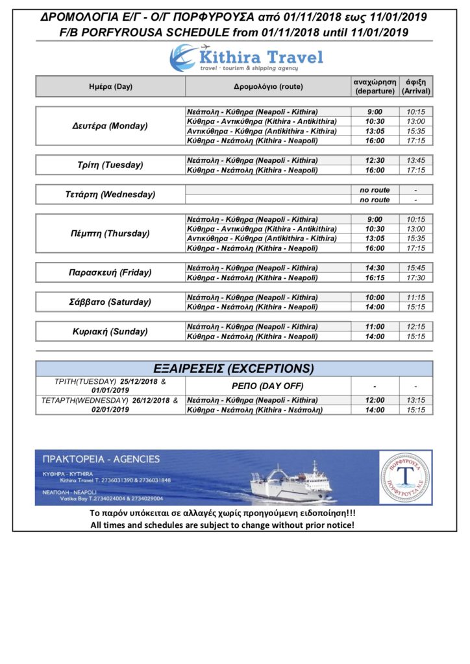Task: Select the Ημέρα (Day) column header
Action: click(x=110, y=87)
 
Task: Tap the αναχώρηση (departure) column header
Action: click(x=374, y=87)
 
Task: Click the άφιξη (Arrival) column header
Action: click(x=415, y=87)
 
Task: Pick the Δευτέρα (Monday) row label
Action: click(x=110, y=126)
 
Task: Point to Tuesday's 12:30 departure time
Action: click(x=374, y=160)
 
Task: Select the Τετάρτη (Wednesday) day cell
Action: click(x=110, y=195)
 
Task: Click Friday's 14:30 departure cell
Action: click(x=374, y=268)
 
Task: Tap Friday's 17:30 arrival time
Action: click(x=415, y=278)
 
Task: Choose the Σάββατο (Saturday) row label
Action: click(x=110, y=302)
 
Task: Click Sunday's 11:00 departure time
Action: click(x=374, y=327)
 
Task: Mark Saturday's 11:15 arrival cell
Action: click(x=415, y=297)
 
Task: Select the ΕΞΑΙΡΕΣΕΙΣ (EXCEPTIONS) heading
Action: click(x=234, y=368)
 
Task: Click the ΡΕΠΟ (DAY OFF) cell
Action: click(x=267, y=386)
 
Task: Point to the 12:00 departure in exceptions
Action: click(x=374, y=400)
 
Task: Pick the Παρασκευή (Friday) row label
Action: click(x=110, y=273)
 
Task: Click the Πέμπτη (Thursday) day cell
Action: click(x=110, y=233)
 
